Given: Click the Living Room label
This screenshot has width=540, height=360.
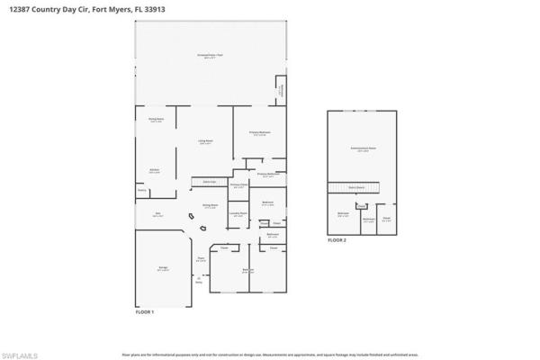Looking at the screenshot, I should (205, 142).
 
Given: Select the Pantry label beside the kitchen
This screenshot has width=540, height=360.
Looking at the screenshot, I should (142, 190).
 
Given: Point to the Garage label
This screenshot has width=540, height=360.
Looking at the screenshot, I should (162, 269).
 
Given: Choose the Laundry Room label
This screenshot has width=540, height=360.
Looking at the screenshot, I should (238, 213).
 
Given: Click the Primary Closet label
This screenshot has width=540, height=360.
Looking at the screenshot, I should (239, 186).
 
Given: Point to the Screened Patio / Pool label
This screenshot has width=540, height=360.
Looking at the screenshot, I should (211, 56).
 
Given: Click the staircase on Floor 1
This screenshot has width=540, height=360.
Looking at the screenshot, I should (209, 182).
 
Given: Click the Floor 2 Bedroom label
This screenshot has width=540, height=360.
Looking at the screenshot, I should (343, 213).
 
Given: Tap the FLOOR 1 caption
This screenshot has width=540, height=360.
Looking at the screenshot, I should (145, 311).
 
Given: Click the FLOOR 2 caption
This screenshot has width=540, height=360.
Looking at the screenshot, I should (337, 241).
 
